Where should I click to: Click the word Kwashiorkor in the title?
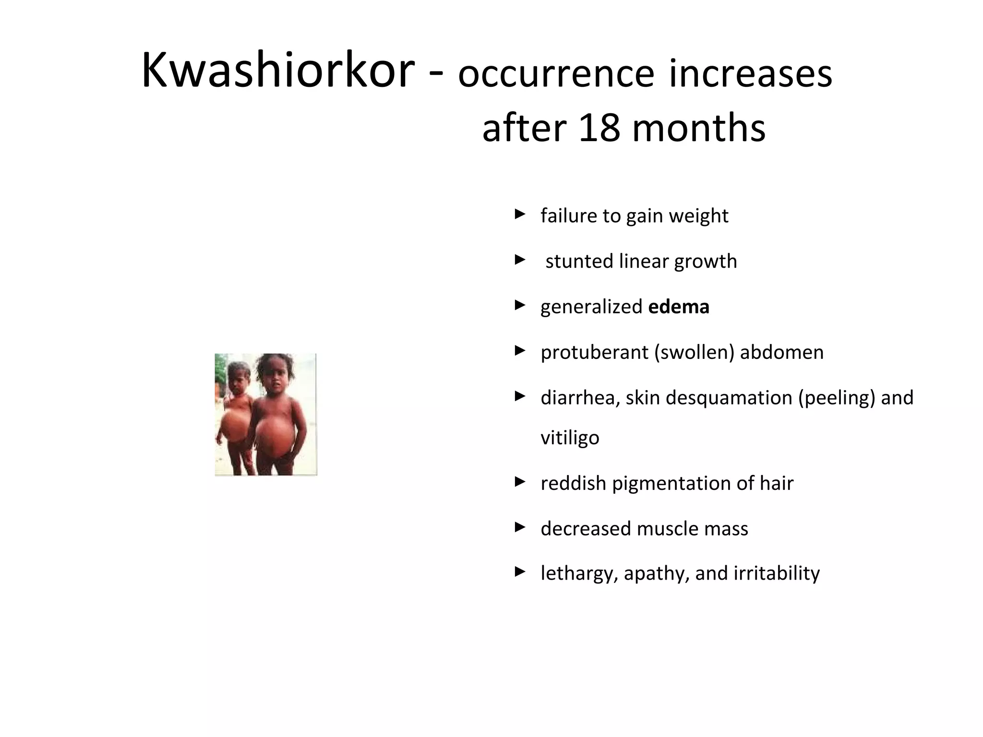277,71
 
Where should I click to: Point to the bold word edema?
678,307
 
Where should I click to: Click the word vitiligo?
570,438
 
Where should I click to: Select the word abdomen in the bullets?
781,352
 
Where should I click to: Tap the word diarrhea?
579,398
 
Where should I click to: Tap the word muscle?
668,529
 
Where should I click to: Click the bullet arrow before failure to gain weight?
520,214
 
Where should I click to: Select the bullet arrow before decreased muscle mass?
520,528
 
